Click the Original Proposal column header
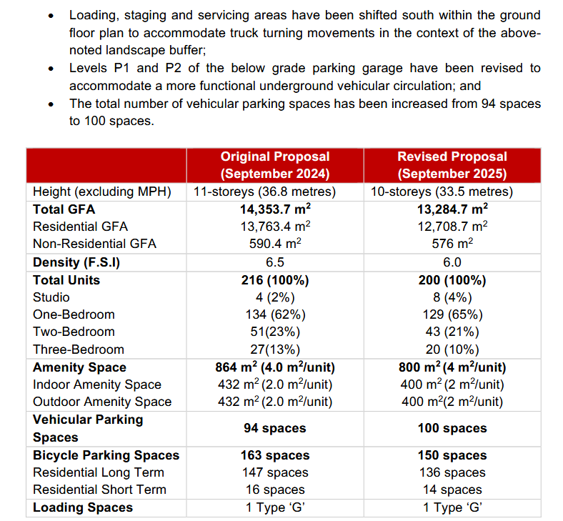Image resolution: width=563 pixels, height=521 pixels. click(x=275, y=165)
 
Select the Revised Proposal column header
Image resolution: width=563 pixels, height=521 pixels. click(x=452, y=165)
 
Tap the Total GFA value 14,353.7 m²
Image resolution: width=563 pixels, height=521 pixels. click(x=275, y=209)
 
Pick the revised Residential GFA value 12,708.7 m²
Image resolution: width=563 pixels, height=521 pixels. click(x=452, y=227)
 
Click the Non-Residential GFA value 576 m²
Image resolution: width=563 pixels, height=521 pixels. click(x=452, y=244)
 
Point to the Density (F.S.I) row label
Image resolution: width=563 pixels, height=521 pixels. click(x=76, y=262)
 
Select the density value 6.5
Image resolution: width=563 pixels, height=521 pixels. click(x=275, y=262)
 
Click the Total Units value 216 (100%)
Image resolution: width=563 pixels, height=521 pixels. click(x=275, y=280)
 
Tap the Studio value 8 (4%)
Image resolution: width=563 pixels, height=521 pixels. click(x=452, y=297)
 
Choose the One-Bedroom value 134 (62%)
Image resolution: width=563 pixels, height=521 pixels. click(x=275, y=314)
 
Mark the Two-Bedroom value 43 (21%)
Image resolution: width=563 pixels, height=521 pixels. click(x=452, y=332)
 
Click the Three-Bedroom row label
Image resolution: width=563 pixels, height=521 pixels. click(x=79, y=349)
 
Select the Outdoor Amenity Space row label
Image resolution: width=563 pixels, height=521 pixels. click(x=102, y=402)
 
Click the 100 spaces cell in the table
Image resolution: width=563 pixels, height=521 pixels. click(x=452, y=428)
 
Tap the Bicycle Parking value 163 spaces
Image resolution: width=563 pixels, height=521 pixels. click(x=275, y=455)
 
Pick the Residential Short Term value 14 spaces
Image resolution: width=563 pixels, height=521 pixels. click(x=452, y=490)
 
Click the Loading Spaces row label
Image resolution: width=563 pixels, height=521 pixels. click(x=83, y=507)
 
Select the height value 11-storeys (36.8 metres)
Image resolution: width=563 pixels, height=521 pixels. click(x=264, y=192)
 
